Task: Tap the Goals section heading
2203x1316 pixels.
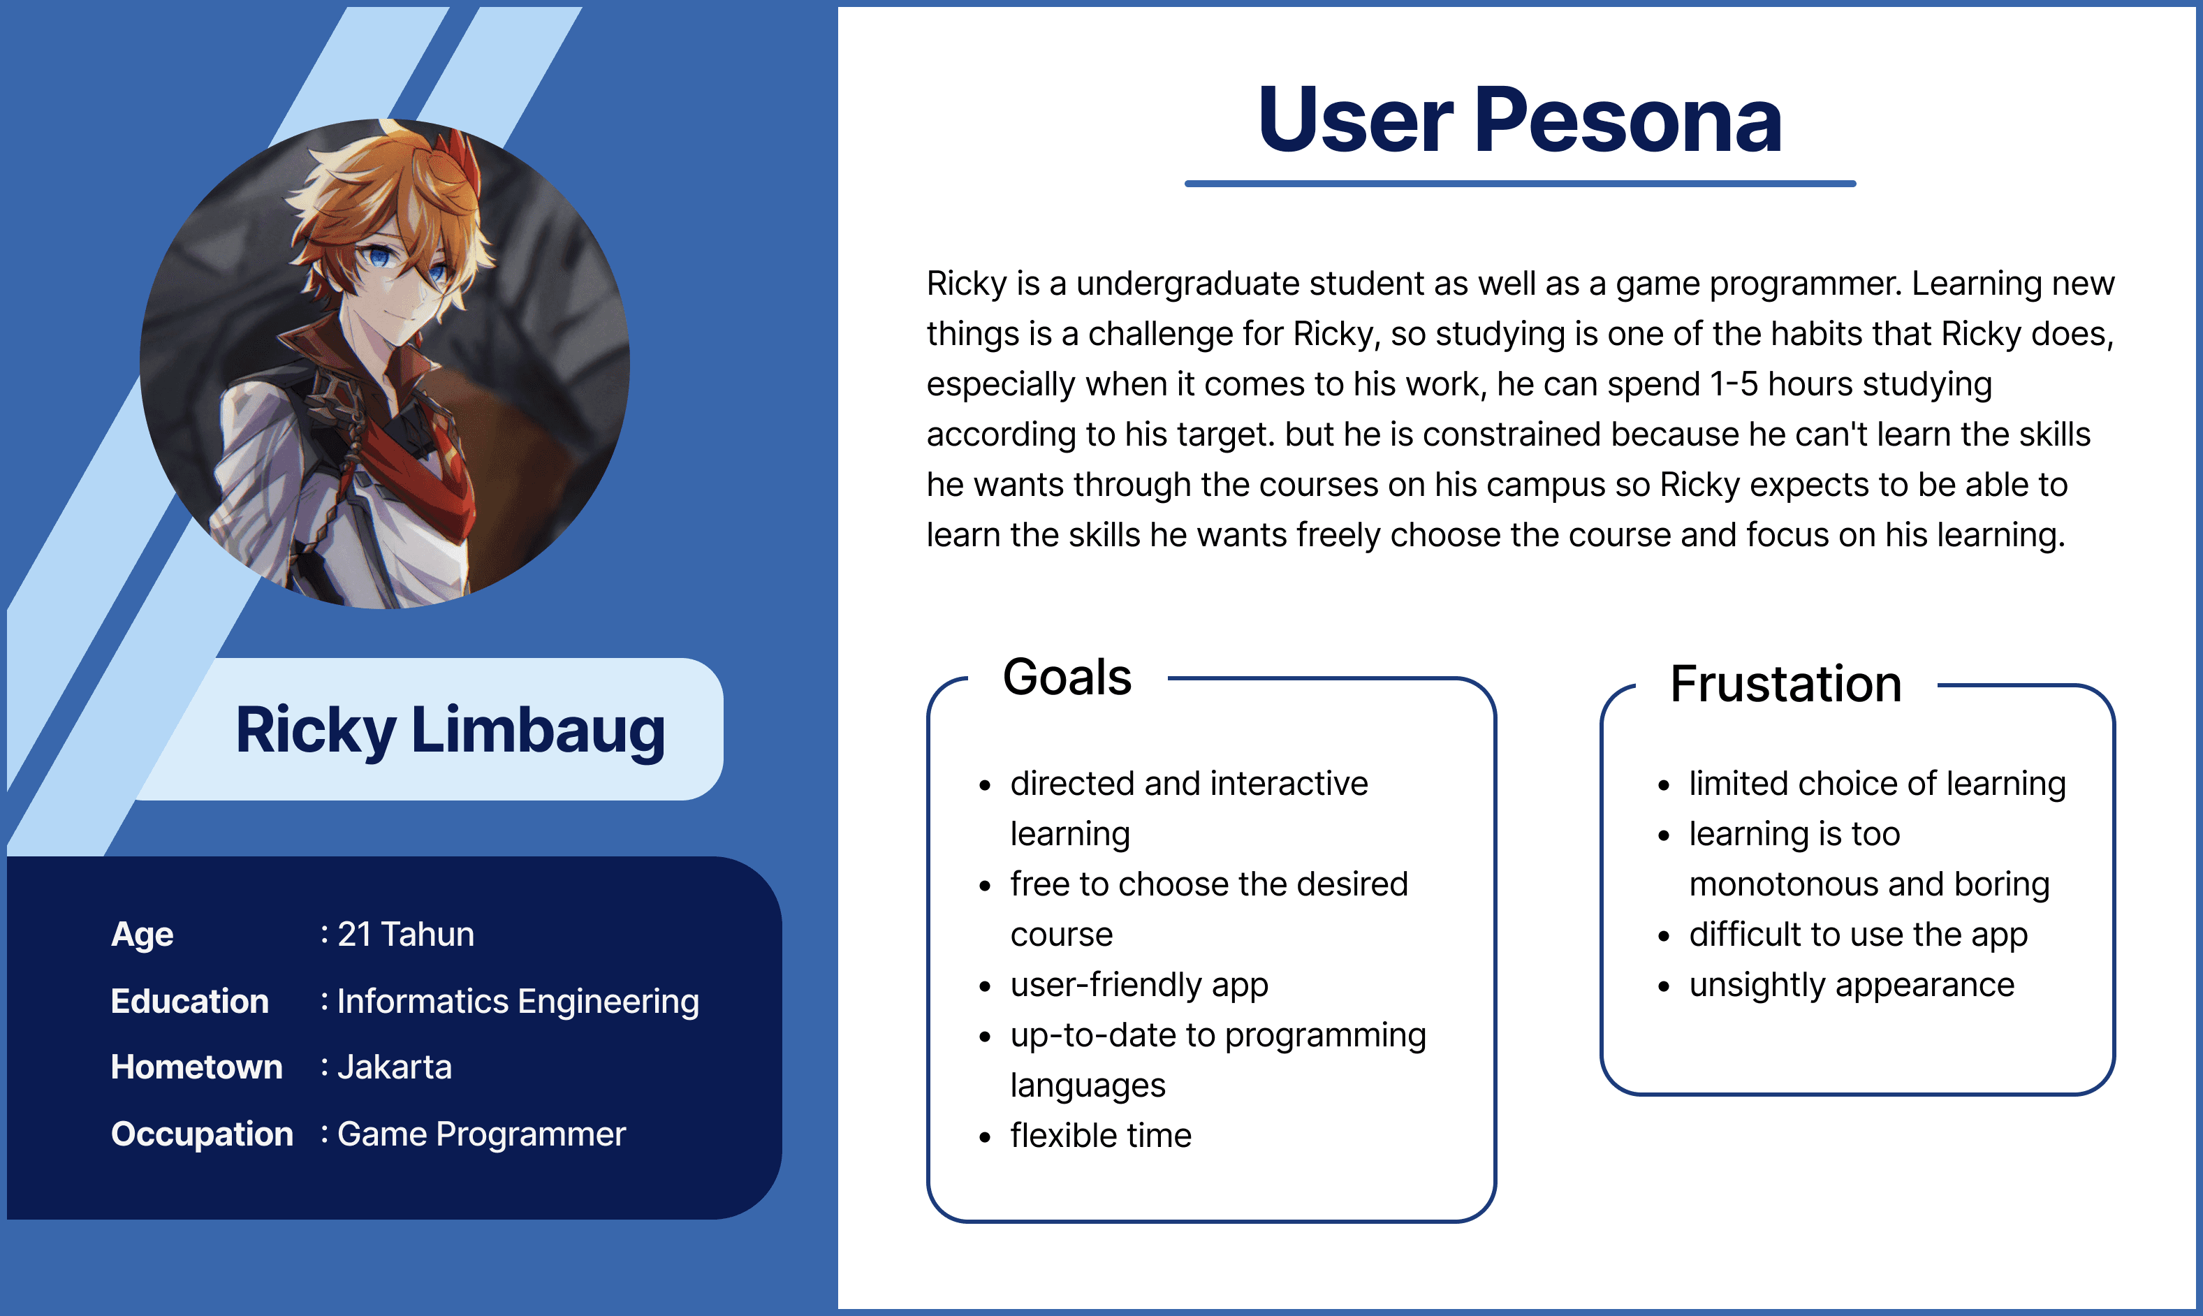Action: [x=1067, y=678]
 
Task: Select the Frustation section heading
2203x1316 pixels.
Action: [x=1786, y=684]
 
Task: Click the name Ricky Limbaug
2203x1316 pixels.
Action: [x=451, y=731]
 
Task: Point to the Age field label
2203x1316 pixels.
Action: [x=142, y=935]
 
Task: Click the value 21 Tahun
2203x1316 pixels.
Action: [x=406, y=934]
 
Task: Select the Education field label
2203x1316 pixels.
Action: [x=190, y=1001]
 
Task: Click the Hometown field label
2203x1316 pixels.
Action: [x=197, y=1067]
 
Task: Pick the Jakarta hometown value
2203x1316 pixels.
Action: [x=395, y=1067]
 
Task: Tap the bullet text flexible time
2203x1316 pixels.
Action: [x=1101, y=1135]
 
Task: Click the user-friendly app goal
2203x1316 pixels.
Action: [x=1139, y=985]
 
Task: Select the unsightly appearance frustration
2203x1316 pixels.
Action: [x=1852, y=985]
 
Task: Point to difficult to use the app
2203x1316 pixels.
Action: [x=1858, y=935]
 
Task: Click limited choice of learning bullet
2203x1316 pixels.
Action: [x=1878, y=784]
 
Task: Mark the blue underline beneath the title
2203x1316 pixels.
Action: [x=1519, y=184]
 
